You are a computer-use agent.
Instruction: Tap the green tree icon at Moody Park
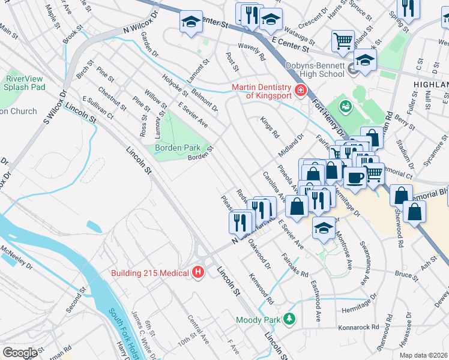290,317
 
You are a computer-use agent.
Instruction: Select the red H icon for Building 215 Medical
199,274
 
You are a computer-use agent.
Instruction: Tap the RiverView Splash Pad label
25,83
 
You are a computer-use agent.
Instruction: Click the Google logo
20,352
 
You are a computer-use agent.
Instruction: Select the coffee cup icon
355,178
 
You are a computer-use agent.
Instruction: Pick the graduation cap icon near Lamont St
190,23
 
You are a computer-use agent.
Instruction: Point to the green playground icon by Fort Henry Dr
345,107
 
